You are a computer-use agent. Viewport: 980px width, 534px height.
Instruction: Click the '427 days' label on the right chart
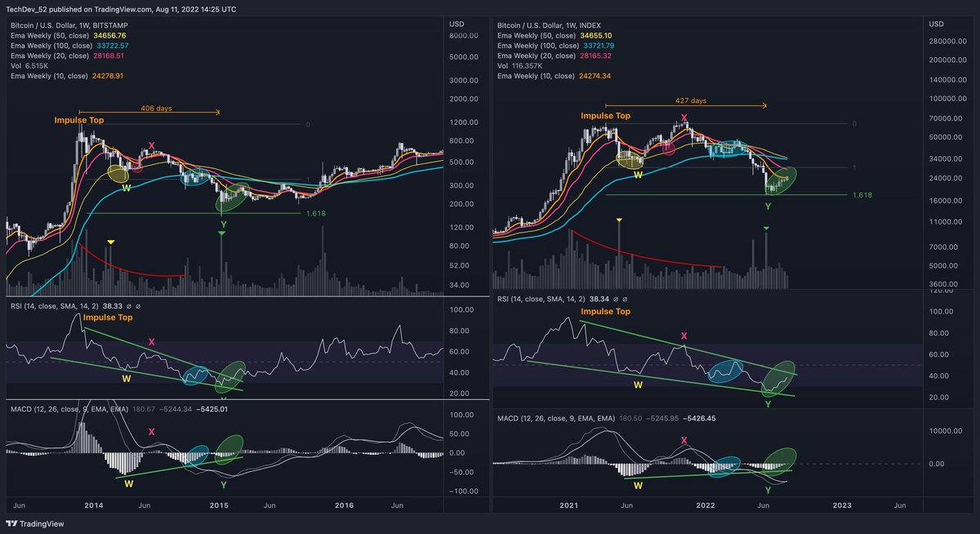pyautogui.click(x=692, y=100)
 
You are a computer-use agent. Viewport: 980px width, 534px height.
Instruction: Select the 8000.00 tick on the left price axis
pyautogui.click(x=463, y=36)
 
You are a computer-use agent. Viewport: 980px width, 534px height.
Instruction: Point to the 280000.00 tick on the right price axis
pyautogui.click(x=947, y=41)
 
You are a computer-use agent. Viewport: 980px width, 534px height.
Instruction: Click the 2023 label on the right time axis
pyautogui.click(x=842, y=505)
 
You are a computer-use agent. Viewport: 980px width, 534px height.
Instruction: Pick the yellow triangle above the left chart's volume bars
pyautogui.click(x=111, y=242)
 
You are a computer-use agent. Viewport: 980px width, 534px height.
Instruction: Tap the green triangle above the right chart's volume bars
pyautogui.click(x=766, y=228)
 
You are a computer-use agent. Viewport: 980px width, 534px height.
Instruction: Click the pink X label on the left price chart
pyautogui.click(x=151, y=145)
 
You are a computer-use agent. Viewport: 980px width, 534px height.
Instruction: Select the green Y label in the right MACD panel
pyautogui.click(x=768, y=490)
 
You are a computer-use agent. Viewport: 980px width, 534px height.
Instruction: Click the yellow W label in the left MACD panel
pyautogui.click(x=128, y=483)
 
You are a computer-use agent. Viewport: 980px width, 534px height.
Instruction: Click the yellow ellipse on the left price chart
pyautogui.click(x=118, y=173)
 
